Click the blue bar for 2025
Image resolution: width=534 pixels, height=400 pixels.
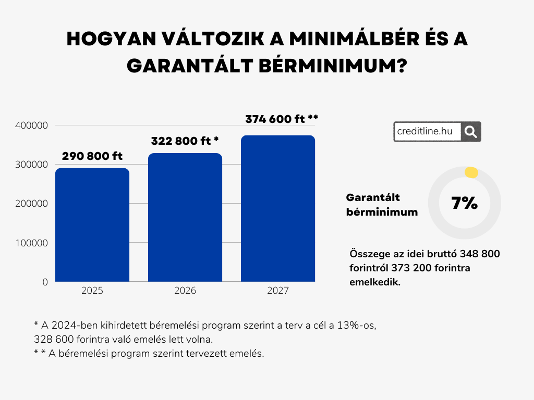tap(92, 224)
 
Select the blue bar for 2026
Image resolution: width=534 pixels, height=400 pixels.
tap(185, 217)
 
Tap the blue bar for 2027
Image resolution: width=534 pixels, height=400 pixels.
tap(278, 208)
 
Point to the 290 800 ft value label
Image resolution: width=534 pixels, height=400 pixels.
tap(92, 156)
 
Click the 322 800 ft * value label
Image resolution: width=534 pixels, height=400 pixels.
tap(185, 141)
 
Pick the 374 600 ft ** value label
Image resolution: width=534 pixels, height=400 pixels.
tap(282, 119)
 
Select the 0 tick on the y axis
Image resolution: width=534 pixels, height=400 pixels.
tap(45, 282)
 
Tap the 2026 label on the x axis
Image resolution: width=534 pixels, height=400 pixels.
tap(185, 291)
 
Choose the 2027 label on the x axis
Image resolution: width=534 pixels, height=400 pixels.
tap(278, 291)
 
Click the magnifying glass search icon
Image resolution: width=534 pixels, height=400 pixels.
tap(470, 132)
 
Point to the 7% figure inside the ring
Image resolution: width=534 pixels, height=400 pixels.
tap(465, 203)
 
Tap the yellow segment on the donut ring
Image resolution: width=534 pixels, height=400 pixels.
tap(471, 173)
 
